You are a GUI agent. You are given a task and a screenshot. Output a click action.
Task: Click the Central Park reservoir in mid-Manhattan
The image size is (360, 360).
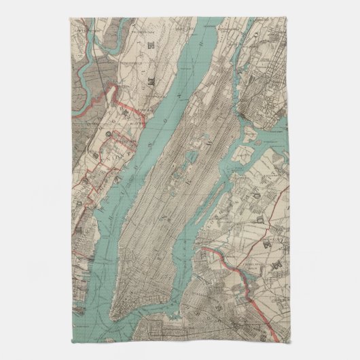pyautogui.click(x=198, y=148)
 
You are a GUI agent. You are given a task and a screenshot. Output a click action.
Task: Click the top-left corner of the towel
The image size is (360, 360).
pyautogui.click(x=69, y=18)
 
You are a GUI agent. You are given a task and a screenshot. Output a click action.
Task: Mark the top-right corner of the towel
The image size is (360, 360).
pyautogui.click(x=290, y=18)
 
